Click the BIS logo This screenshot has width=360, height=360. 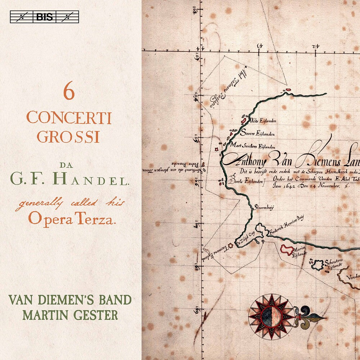pyautogui.click(x=44, y=17)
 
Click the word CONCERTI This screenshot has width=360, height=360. pyautogui.click(x=69, y=118)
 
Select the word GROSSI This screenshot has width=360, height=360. pyautogui.click(x=68, y=137)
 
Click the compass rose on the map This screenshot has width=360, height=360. pyautogui.click(x=271, y=317)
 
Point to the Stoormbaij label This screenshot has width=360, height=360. pyautogui.click(x=265, y=208)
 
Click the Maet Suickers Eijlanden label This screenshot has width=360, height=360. pyautogui.click(x=258, y=147)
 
